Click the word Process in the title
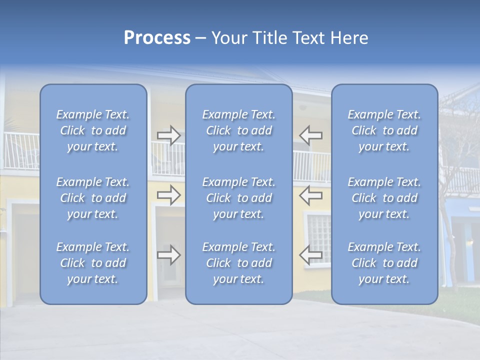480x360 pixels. (157, 38)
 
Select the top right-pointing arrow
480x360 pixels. (168, 135)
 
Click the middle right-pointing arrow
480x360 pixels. (168, 195)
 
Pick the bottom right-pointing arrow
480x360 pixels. (168, 255)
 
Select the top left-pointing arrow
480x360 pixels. (311, 135)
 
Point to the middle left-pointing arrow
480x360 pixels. (311, 195)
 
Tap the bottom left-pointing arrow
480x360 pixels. (311, 255)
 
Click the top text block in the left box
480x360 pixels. (93, 130)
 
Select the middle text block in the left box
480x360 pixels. (93, 198)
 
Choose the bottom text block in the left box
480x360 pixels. (93, 263)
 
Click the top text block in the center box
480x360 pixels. (239, 130)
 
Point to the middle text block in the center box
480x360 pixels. (239, 198)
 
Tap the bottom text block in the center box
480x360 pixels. (239, 263)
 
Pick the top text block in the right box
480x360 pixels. (384, 130)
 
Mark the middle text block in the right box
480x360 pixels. (384, 198)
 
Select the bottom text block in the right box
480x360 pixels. (384, 263)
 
